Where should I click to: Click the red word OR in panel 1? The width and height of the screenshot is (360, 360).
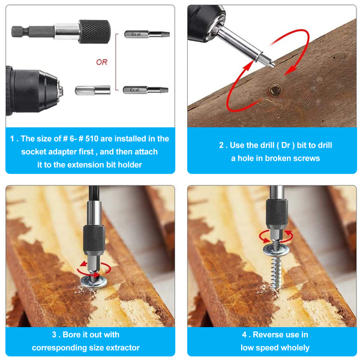pyautogui.click(x=102, y=62)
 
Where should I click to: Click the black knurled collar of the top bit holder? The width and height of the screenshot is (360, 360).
pyautogui.click(x=94, y=32)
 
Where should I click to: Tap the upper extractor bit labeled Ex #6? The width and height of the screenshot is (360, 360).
pyautogui.click(x=147, y=34)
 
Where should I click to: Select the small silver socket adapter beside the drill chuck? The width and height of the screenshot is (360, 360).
pyautogui.click(x=93, y=90)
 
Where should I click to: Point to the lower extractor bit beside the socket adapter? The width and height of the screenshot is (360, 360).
pyautogui.click(x=146, y=90)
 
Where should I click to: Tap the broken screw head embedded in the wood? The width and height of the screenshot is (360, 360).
pyautogui.click(x=275, y=90)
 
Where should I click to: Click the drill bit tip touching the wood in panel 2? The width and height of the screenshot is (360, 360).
pyautogui.click(x=273, y=66)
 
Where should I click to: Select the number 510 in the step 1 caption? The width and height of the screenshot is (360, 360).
pyautogui.click(x=92, y=139)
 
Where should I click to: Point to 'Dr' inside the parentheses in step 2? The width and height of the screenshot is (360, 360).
pyautogui.click(x=286, y=145)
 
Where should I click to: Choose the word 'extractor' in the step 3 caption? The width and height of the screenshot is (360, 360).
pyautogui.click(x=123, y=347)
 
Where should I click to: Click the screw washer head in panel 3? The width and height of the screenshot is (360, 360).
pyautogui.click(x=94, y=282)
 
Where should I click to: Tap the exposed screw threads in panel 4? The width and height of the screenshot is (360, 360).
pyautogui.click(x=276, y=274)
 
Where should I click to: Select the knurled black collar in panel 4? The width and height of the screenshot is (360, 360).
pyautogui.click(x=277, y=213)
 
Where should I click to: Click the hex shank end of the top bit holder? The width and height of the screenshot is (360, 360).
pyautogui.click(x=20, y=31)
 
